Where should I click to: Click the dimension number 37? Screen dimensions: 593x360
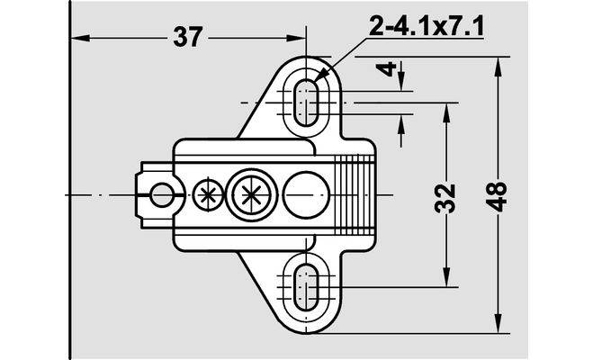[188, 37]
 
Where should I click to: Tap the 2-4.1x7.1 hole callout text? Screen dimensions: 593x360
[427, 26]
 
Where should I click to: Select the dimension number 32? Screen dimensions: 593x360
[445, 198]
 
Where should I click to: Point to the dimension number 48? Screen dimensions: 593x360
[497, 196]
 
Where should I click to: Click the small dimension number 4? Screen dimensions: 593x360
[387, 69]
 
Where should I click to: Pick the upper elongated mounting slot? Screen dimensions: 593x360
[306, 103]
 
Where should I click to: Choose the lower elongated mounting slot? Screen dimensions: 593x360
[306, 287]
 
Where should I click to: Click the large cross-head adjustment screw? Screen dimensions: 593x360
[250, 195]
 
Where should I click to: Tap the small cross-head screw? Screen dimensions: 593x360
[208, 195]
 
